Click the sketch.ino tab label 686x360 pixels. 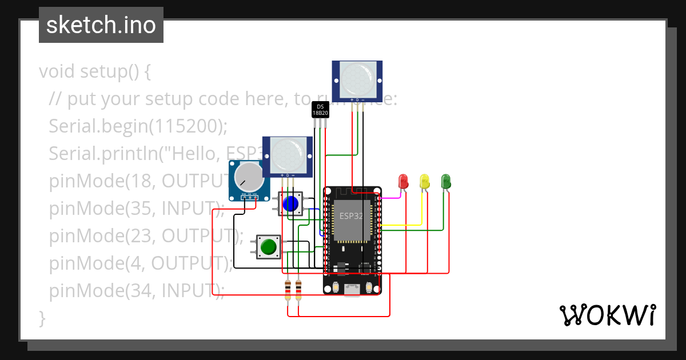[x=101, y=25]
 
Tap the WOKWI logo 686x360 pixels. [x=607, y=315]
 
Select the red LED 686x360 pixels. [x=403, y=181]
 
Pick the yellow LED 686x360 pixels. [x=424, y=181]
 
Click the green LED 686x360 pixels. [x=446, y=181]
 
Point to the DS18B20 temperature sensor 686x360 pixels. [x=320, y=110]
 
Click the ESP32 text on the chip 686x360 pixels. [x=351, y=216]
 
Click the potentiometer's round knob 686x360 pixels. [x=250, y=177]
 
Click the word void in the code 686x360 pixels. [x=57, y=72]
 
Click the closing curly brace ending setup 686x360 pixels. [x=42, y=317]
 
